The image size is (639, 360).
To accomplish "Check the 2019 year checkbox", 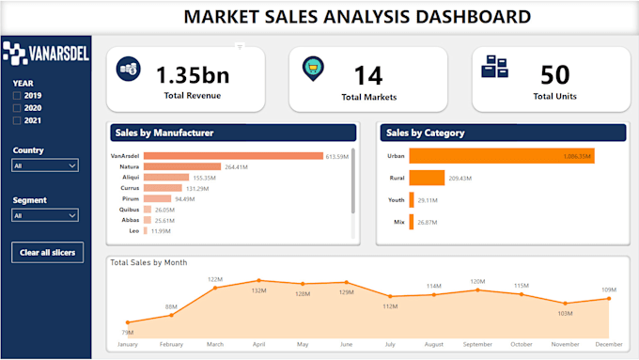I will point(16,95).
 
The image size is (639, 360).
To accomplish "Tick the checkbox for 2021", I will point(16,119).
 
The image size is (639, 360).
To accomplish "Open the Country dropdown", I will point(45,165).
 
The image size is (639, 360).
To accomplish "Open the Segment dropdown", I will point(45,215).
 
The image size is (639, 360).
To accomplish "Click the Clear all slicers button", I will point(48,252).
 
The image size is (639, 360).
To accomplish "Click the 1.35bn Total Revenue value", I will point(193,74).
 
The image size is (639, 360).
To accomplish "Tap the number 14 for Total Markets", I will point(367,74).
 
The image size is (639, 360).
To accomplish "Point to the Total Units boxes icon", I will point(494,68).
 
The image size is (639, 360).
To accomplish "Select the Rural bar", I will point(427,178).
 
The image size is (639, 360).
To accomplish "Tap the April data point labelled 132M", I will point(258,280).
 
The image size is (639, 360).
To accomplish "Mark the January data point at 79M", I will point(128,322).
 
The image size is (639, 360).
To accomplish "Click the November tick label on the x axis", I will point(565,344).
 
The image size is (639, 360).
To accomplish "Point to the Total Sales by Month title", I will point(148,262).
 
